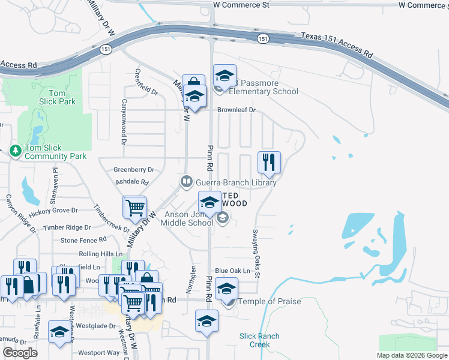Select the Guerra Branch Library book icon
(x=187, y=181)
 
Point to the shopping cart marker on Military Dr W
(x=135, y=208)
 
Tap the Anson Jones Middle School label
(x=187, y=218)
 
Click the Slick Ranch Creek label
(x=259, y=340)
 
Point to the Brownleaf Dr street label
(x=237, y=110)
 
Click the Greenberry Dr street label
(x=134, y=170)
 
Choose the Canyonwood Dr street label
(x=124, y=122)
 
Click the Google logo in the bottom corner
(x=19, y=353)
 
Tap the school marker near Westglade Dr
(x=59, y=332)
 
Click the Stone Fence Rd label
(x=83, y=241)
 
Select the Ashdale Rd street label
(x=131, y=181)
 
